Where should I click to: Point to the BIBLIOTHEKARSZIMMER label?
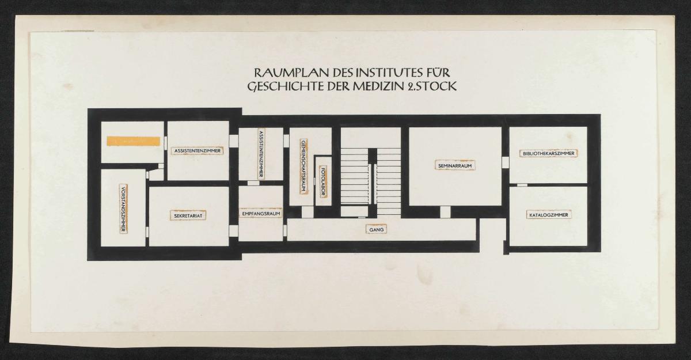[x=548, y=154]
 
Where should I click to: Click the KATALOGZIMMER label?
[x=549, y=215]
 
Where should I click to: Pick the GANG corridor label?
[x=376, y=229]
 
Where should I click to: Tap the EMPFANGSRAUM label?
[x=261, y=214]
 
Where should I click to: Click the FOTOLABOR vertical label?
[x=323, y=181]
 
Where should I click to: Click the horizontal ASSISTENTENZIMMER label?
[x=197, y=151]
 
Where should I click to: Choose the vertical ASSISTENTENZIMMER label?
[x=261, y=154]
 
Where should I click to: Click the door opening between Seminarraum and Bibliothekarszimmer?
[x=505, y=162]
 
